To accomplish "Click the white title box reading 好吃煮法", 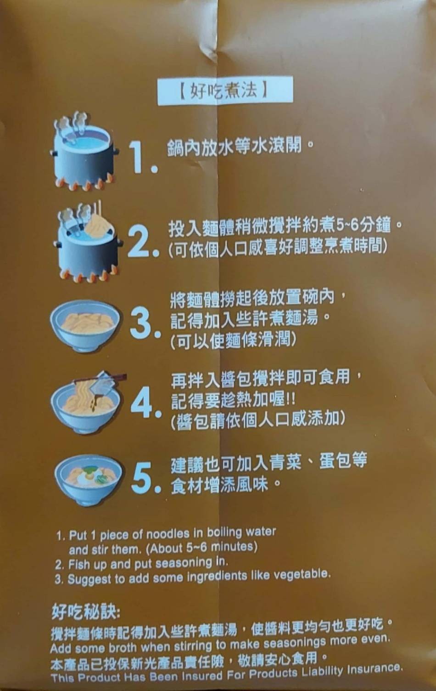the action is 225,91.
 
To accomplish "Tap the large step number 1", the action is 143,157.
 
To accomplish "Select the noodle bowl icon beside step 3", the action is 85,326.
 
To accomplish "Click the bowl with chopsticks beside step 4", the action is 88,402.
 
